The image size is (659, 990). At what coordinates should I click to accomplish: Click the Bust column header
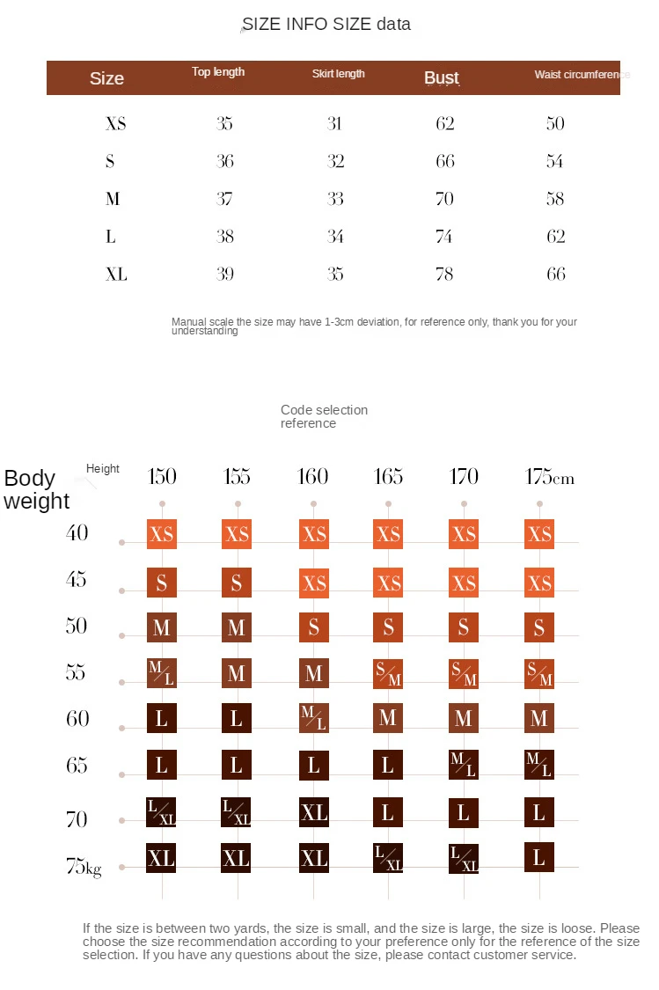[442, 78]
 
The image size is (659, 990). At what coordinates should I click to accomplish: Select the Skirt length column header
[338, 74]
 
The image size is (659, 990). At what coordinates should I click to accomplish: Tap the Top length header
[218, 72]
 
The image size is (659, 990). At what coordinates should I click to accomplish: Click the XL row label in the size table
[116, 275]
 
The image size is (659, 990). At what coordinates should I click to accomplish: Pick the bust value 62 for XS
[445, 123]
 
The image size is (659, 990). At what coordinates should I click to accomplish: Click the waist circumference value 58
[555, 199]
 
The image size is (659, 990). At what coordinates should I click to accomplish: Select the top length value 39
[225, 275]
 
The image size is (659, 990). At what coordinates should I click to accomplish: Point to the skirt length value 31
[334, 123]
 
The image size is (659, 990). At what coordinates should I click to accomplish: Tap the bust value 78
[445, 275]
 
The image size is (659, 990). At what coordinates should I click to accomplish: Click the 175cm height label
[549, 477]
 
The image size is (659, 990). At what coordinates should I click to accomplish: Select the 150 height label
[162, 477]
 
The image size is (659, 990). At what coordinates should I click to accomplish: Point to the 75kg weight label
[84, 867]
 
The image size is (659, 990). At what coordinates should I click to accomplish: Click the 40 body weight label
[77, 532]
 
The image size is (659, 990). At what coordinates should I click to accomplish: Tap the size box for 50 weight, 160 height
[314, 627]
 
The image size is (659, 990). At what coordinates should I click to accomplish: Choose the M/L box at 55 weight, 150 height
[162, 673]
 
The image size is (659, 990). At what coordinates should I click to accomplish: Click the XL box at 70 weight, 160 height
[314, 812]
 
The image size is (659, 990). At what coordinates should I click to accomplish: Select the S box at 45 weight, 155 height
[237, 583]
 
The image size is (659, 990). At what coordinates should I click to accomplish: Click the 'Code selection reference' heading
[324, 416]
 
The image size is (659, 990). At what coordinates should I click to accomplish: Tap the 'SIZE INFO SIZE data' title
[326, 25]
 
